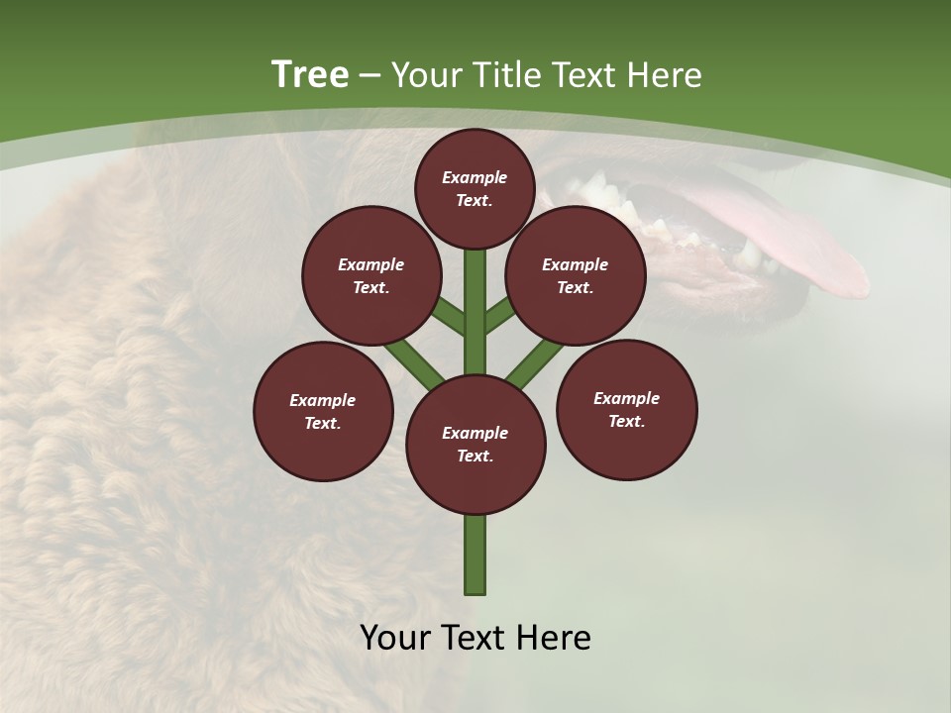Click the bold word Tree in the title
(x=310, y=75)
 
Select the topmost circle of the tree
(x=475, y=188)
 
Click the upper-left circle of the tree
(x=370, y=275)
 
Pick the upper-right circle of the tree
(x=575, y=275)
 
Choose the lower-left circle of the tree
(x=323, y=411)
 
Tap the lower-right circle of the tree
(x=626, y=409)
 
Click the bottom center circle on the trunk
(x=475, y=444)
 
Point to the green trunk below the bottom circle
(x=475, y=555)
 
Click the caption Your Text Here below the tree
(x=475, y=638)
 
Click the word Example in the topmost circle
(x=475, y=177)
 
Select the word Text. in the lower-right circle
(x=626, y=421)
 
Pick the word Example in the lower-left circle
(x=323, y=400)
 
